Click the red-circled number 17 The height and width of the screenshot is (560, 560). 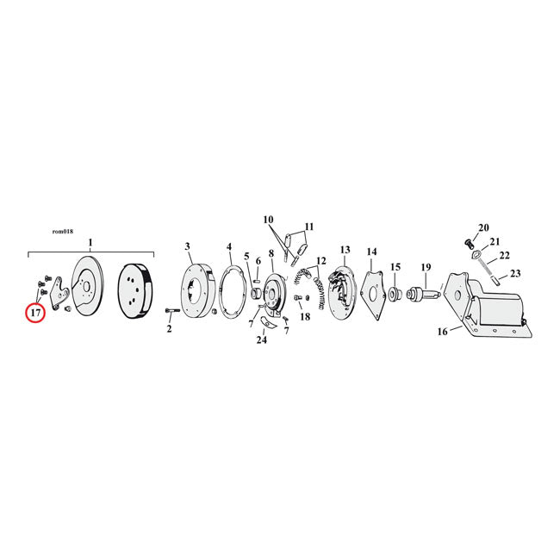(x=35, y=313)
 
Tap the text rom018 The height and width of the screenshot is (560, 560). (x=63, y=232)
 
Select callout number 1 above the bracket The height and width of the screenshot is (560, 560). (x=90, y=242)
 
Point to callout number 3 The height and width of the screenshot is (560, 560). (x=188, y=246)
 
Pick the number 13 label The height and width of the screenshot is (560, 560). (x=345, y=249)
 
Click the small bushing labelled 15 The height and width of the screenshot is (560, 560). (x=395, y=295)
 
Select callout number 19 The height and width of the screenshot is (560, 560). (x=426, y=267)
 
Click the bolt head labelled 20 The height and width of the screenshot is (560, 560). (x=469, y=245)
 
